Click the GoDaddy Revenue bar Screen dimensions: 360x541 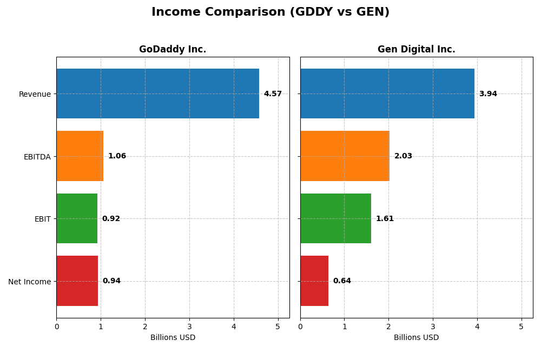click(x=157, y=94)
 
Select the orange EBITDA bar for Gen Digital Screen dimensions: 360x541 click(x=345, y=156)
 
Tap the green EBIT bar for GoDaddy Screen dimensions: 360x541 click(x=77, y=218)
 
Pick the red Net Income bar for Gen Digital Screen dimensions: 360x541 click(x=314, y=281)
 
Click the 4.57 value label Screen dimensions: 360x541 click(x=273, y=94)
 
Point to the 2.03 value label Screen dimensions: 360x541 click(x=403, y=156)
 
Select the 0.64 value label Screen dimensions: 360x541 click(x=342, y=281)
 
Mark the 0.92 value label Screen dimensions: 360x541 click(x=111, y=219)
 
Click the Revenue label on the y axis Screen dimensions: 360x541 click(x=35, y=95)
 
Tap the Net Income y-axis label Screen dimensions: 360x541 click(x=29, y=282)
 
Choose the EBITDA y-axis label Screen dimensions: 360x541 click(x=37, y=157)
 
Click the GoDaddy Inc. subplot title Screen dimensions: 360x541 click(x=173, y=50)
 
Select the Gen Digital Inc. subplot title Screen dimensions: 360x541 click(x=416, y=50)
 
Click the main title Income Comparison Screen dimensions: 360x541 click(x=270, y=12)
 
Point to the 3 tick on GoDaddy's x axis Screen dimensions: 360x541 click(x=189, y=326)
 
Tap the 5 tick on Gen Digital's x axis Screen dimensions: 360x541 click(x=522, y=326)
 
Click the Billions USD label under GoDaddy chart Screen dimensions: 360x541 click(x=173, y=338)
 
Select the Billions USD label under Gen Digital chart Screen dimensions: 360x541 click(x=416, y=338)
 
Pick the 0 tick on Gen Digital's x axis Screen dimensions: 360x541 click(x=300, y=326)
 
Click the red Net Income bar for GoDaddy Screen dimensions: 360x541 click(x=77, y=281)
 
